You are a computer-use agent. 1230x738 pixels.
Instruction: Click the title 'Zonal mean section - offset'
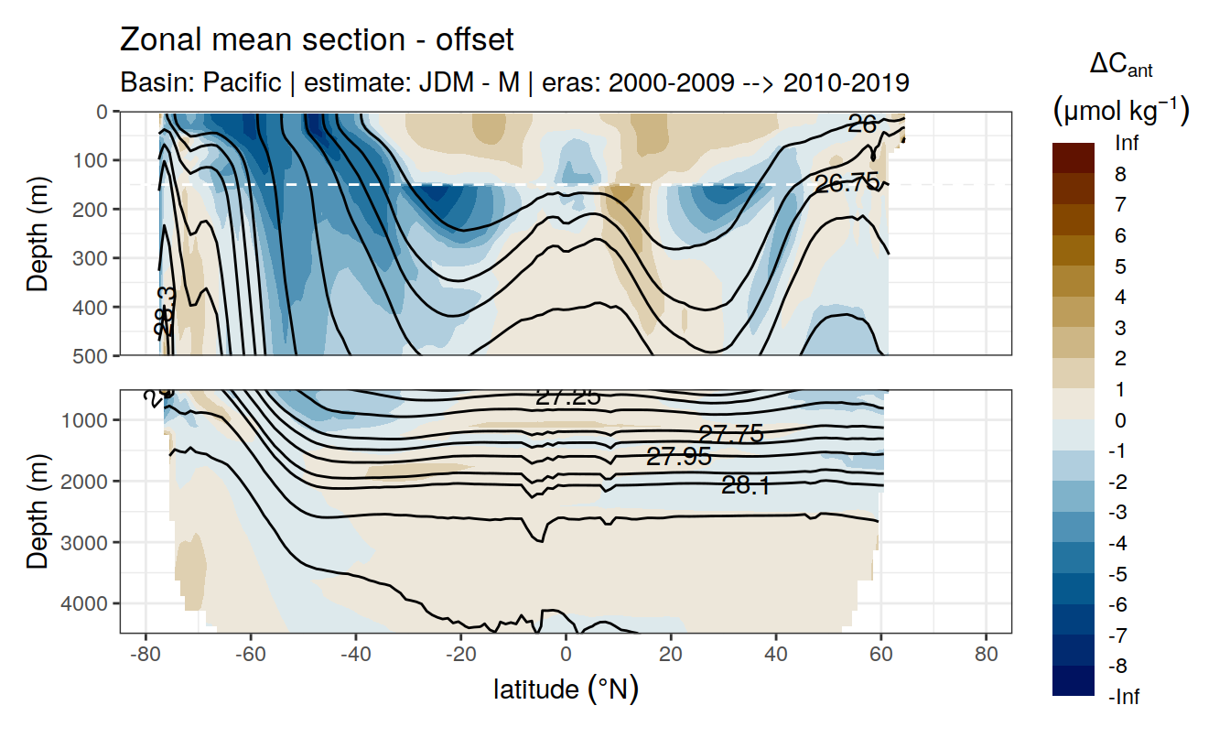[317, 40]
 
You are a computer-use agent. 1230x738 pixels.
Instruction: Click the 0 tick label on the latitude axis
[566, 655]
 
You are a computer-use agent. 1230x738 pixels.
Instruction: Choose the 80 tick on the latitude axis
[986, 655]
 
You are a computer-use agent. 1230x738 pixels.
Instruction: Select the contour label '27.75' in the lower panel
[730, 434]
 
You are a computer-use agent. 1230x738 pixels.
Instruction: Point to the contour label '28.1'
[745, 486]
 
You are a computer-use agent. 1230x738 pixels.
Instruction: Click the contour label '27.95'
[678, 456]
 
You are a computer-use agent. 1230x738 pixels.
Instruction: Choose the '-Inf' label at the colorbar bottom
[1124, 697]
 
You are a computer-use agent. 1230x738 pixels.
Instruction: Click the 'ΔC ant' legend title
[1120, 64]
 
